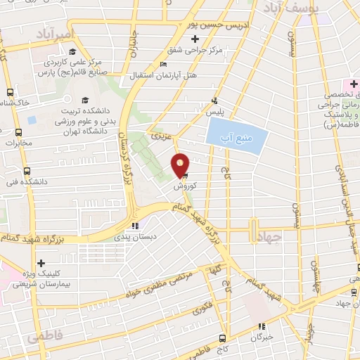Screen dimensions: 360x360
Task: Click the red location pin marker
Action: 181,165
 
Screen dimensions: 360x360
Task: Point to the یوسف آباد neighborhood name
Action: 290,8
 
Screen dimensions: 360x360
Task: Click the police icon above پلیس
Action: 214,101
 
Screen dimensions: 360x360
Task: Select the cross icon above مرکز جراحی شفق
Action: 195,39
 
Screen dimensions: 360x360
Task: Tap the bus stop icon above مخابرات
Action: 18,131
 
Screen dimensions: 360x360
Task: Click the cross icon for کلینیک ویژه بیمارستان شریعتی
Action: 41,264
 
